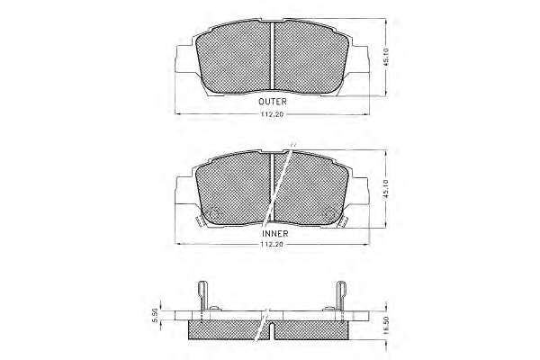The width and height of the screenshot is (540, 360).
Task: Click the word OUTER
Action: [273, 102]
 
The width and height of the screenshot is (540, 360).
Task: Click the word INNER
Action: [274, 234]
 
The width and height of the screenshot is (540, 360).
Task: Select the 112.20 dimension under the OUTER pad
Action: [272, 114]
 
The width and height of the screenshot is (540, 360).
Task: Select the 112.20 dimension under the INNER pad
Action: [272, 244]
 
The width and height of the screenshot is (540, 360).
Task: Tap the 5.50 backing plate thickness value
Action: [156, 315]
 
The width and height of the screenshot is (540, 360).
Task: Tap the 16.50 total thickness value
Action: [386, 325]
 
